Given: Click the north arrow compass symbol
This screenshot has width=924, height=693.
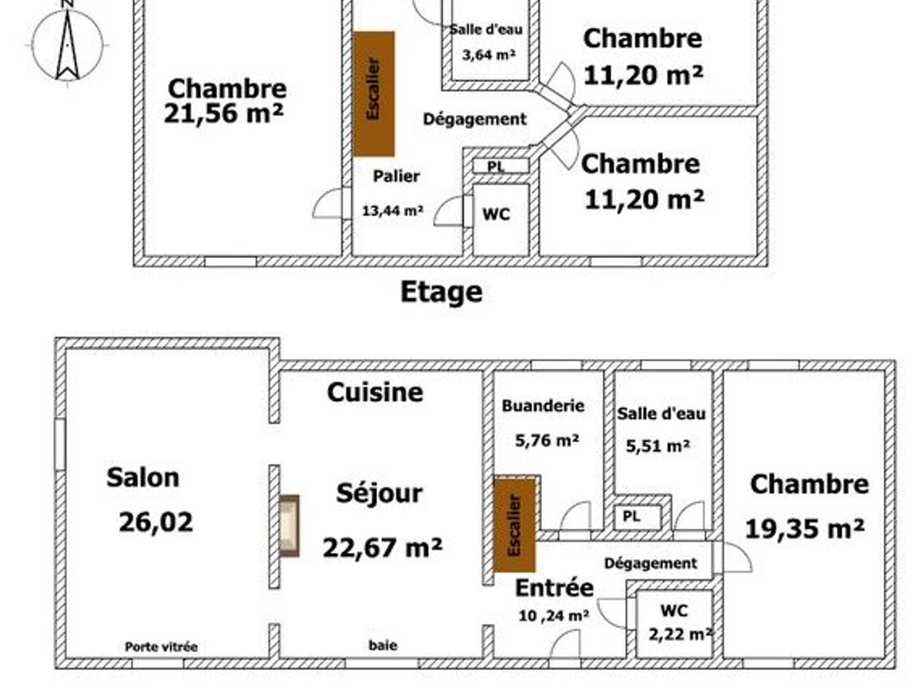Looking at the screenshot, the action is click(68, 44).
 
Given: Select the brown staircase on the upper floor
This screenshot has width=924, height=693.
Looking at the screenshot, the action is click(373, 94).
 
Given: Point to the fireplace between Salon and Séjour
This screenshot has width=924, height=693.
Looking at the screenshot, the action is click(290, 526).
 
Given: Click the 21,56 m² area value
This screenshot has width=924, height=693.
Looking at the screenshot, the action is click(223, 114).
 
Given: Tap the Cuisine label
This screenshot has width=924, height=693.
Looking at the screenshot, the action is click(375, 393).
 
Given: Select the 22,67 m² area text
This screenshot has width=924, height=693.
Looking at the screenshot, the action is click(382, 547).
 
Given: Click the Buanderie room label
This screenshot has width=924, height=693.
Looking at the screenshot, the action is click(543, 406).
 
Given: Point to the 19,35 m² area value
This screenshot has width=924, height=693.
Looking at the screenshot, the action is click(805, 529).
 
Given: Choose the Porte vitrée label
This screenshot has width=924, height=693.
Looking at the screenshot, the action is click(161, 647).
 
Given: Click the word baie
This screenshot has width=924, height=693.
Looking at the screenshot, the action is click(383, 645).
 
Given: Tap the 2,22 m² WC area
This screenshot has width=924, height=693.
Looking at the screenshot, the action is click(680, 634).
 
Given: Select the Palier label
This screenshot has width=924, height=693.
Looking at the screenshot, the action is click(396, 176).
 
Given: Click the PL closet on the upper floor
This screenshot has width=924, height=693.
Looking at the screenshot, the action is click(500, 166).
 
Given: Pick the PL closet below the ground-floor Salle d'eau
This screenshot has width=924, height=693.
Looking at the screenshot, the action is click(637, 517).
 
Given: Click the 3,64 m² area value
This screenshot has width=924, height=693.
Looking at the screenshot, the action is click(489, 55).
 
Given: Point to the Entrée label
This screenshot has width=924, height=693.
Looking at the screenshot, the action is click(554, 588).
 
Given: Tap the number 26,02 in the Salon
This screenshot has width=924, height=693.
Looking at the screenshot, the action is click(156, 522).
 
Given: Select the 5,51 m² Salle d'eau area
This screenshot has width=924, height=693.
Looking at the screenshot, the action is click(658, 446).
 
